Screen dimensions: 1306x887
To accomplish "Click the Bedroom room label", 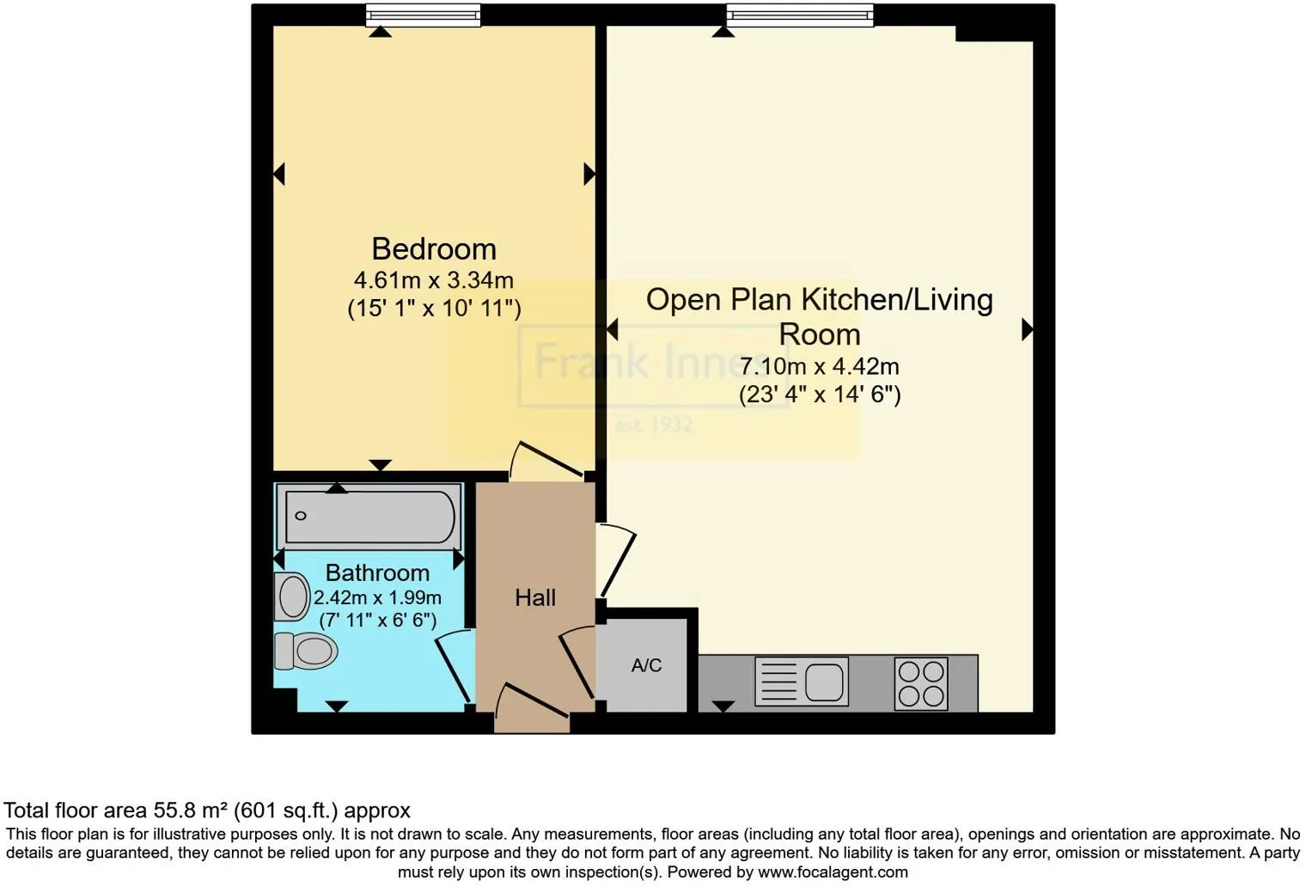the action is tap(434, 249).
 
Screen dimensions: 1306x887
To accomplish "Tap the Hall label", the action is tap(535, 597).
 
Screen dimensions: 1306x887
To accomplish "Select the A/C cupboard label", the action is tap(647, 664).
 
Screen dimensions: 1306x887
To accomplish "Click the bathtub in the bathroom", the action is tap(369, 517).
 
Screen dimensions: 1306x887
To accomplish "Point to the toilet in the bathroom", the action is tap(306, 651).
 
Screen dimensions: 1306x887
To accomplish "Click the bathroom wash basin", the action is tap(292, 596).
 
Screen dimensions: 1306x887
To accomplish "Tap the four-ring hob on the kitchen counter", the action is tap(921, 683).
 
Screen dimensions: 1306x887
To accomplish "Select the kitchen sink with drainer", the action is tap(802, 682).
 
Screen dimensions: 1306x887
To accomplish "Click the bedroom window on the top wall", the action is tap(424, 15).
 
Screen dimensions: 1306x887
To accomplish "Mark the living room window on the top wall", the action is tap(800, 15).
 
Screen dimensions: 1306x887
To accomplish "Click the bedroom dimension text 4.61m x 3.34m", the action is tap(434, 280).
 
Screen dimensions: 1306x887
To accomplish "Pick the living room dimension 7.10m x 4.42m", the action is tap(820, 366).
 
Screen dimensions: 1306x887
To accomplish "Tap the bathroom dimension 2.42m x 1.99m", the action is tap(378, 597).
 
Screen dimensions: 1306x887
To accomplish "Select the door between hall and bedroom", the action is tap(546, 460).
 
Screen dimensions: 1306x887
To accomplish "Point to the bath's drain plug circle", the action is tap(301, 516).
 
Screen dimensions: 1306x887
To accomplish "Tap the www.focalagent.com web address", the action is tap(833, 872).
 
